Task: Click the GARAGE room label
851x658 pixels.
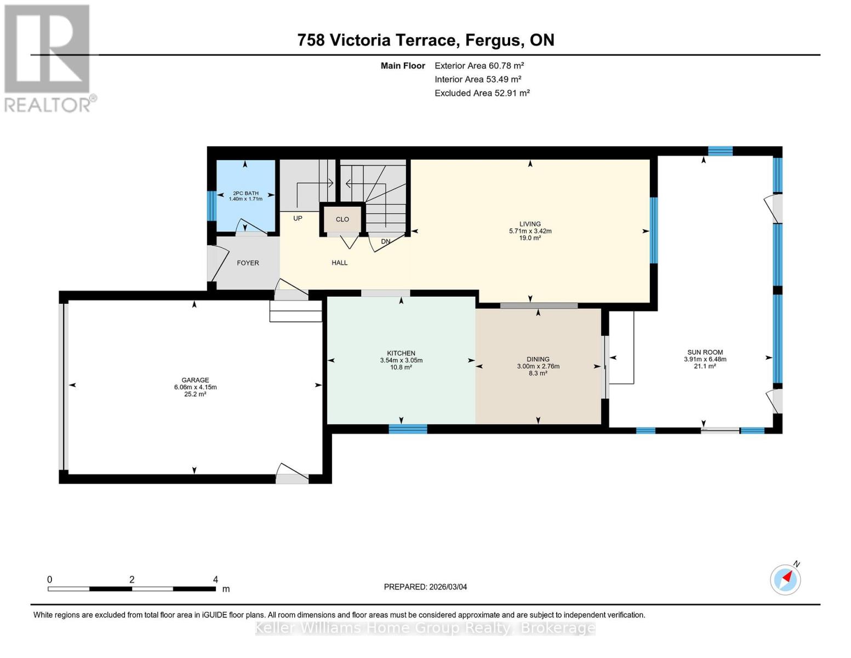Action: (195, 380)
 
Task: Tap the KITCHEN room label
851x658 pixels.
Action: (401, 353)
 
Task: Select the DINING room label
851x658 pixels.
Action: (538, 359)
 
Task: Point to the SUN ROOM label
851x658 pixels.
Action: (705, 353)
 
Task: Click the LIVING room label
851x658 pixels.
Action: (530, 224)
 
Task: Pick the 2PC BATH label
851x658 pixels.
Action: (245, 193)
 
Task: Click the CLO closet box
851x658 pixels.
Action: (342, 219)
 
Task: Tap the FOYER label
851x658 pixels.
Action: (248, 263)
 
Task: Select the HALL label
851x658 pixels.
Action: (339, 263)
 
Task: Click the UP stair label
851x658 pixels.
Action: (298, 218)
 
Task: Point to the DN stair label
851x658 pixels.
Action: (386, 241)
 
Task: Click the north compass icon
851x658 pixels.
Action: (786, 579)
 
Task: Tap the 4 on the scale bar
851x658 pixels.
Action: (215, 580)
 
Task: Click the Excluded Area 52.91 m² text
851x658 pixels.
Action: (482, 93)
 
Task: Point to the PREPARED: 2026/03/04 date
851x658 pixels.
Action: (425, 587)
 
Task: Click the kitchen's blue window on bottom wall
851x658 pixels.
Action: (408, 429)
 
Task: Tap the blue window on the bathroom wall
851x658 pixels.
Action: (212, 206)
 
